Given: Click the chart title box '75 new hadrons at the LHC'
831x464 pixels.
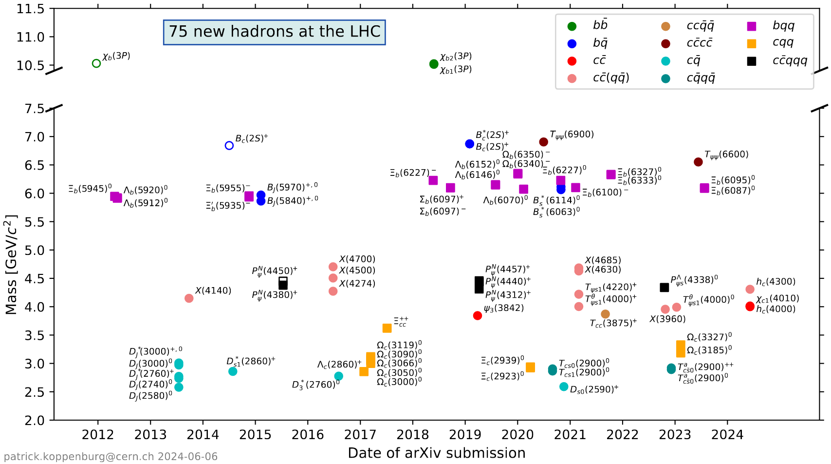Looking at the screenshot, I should (274, 32).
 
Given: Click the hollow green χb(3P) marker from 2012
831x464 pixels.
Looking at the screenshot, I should (96, 63).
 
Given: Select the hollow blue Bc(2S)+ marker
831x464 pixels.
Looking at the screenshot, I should (229, 146).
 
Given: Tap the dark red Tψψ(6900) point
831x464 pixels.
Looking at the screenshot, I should (544, 142).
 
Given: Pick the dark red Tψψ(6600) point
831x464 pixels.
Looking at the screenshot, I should (698, 162).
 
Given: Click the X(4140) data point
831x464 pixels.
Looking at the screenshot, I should (189, 298).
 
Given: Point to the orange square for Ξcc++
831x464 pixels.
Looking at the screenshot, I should (387, 328).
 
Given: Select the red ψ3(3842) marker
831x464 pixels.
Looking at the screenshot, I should (478, 316).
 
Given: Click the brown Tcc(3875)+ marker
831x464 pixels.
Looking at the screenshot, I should (605, 314).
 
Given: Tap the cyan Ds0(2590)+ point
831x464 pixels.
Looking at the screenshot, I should (564, 387).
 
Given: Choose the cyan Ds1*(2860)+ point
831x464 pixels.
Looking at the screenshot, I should (233, 371).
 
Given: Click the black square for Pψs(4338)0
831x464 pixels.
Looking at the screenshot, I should (664, 288).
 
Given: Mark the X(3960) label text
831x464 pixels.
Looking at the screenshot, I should (667, 319).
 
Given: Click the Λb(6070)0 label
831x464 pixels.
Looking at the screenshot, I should (505, 200).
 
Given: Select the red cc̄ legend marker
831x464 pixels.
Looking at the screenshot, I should (572, 61).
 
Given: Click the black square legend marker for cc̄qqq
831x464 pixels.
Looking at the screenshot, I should (752, 61).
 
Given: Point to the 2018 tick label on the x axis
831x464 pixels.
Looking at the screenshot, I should (413, 435).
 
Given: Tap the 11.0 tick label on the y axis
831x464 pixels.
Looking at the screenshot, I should (30, 38).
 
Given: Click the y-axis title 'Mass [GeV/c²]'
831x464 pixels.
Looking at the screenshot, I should (11, 264).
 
